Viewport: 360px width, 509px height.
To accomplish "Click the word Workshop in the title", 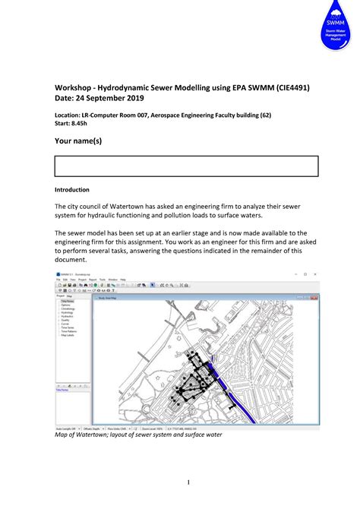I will pos(76,89).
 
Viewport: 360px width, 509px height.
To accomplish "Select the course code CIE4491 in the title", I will pos(287,89).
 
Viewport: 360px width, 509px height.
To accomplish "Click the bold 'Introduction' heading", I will pos(72,190).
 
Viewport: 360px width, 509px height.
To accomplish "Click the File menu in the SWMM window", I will pos(58,280).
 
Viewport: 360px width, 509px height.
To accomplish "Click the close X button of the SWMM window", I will pos(315,273).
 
